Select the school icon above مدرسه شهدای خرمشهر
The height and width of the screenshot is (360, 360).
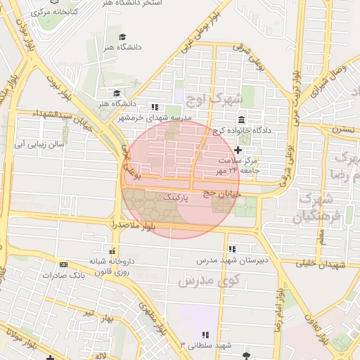click(154, 106)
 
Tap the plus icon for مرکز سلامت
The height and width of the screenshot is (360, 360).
click(238, 150)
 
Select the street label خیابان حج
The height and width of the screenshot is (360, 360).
click(221, 191)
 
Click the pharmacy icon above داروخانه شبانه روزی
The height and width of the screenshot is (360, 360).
click(112, 250)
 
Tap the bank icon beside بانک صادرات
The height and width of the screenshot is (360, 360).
click(64, 265)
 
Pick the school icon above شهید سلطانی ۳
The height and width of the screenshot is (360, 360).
click(205, 335)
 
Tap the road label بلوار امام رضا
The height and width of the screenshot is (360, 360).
click(280, 310)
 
